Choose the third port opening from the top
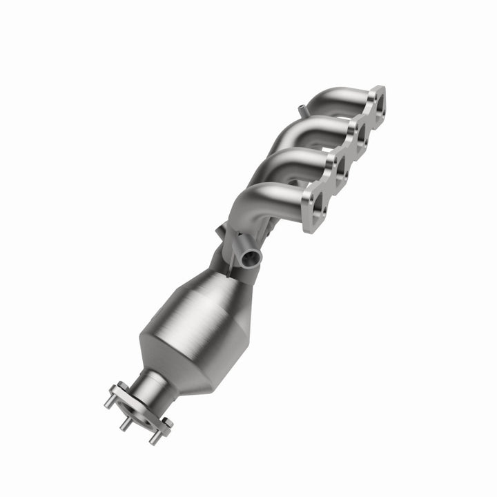[x=338, y=168]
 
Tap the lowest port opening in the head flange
[x=317, y=202]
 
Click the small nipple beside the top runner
[x=302, y=108]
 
